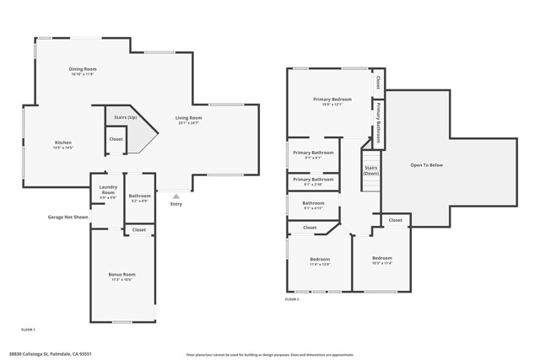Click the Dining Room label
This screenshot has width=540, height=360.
click(x=83, y=70)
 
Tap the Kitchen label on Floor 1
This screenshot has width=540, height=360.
click(x=63, y=143)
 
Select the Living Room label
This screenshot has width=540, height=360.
click(x=188, y=119)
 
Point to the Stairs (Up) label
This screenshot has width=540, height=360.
click(x=121, y=117)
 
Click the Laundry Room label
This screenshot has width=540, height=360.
click(x=107, y=191)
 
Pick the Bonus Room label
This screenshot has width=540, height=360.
click(x=122, y=276)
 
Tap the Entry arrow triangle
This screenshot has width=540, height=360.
click(x=175, y=196)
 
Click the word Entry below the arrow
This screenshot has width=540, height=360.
click(x=175, y=204)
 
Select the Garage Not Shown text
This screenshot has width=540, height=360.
click(x=67, y=217)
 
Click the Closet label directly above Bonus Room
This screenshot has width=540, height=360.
click(x=138, y=229)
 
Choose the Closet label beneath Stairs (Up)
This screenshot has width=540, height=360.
click(x=116, y=139)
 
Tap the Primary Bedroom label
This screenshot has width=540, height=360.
click(x=332, y=100)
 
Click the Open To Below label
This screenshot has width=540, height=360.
click(x=426, y=164)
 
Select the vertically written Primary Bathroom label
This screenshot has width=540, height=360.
click(x=379, y=126)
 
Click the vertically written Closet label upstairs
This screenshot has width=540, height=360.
click(x=378, y=83)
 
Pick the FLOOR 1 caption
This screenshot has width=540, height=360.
click(x=28, y=330)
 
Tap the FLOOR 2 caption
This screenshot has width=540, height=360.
click(x=292, y=299)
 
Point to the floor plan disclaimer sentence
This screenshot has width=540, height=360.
click(x=270, y=355)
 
